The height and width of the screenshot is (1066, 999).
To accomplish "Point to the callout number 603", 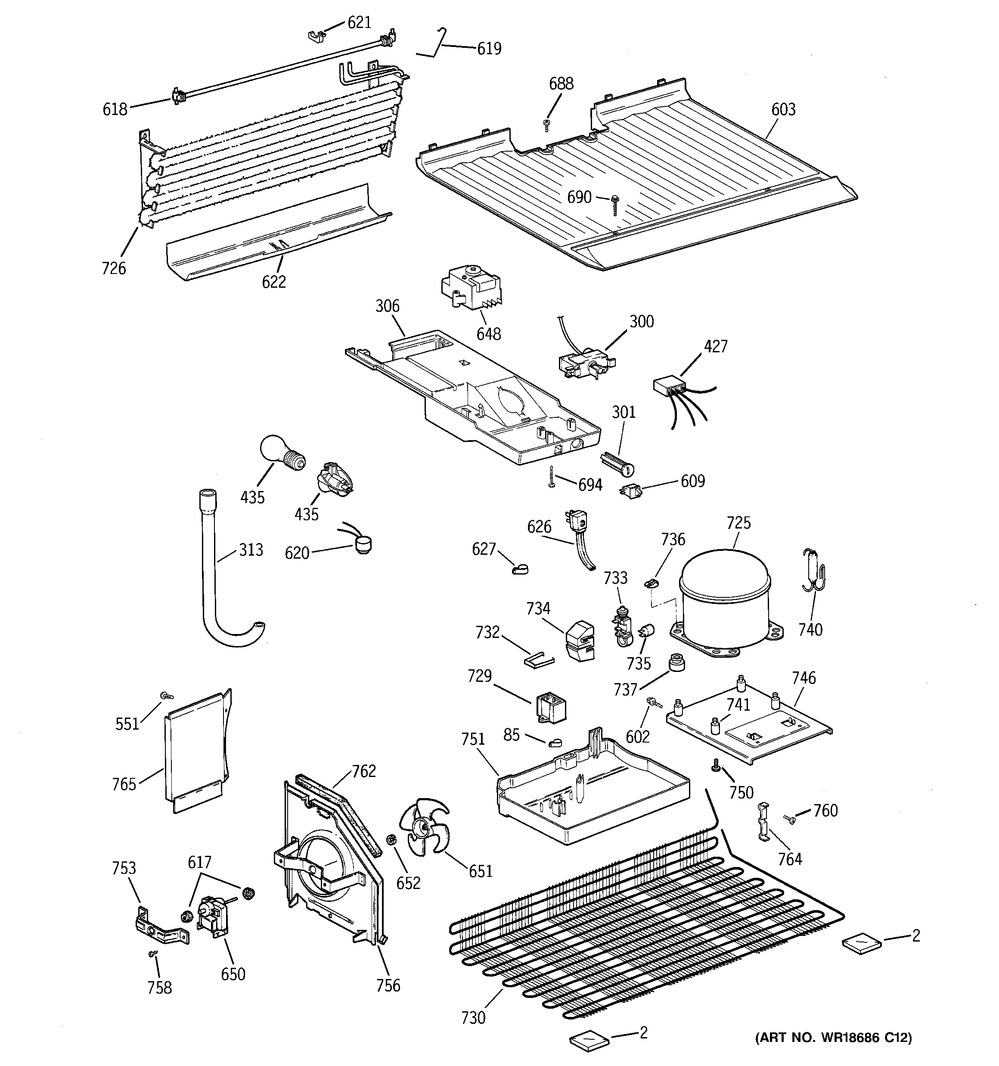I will tap(783, 109).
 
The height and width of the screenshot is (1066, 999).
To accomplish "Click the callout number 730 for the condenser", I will tap(473, 1018).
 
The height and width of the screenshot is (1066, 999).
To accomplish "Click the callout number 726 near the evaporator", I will tap(114, 268).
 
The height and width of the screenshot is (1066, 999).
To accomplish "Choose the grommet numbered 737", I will tap(677, 663).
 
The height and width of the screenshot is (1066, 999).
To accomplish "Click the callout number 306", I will tap(387, 306).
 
